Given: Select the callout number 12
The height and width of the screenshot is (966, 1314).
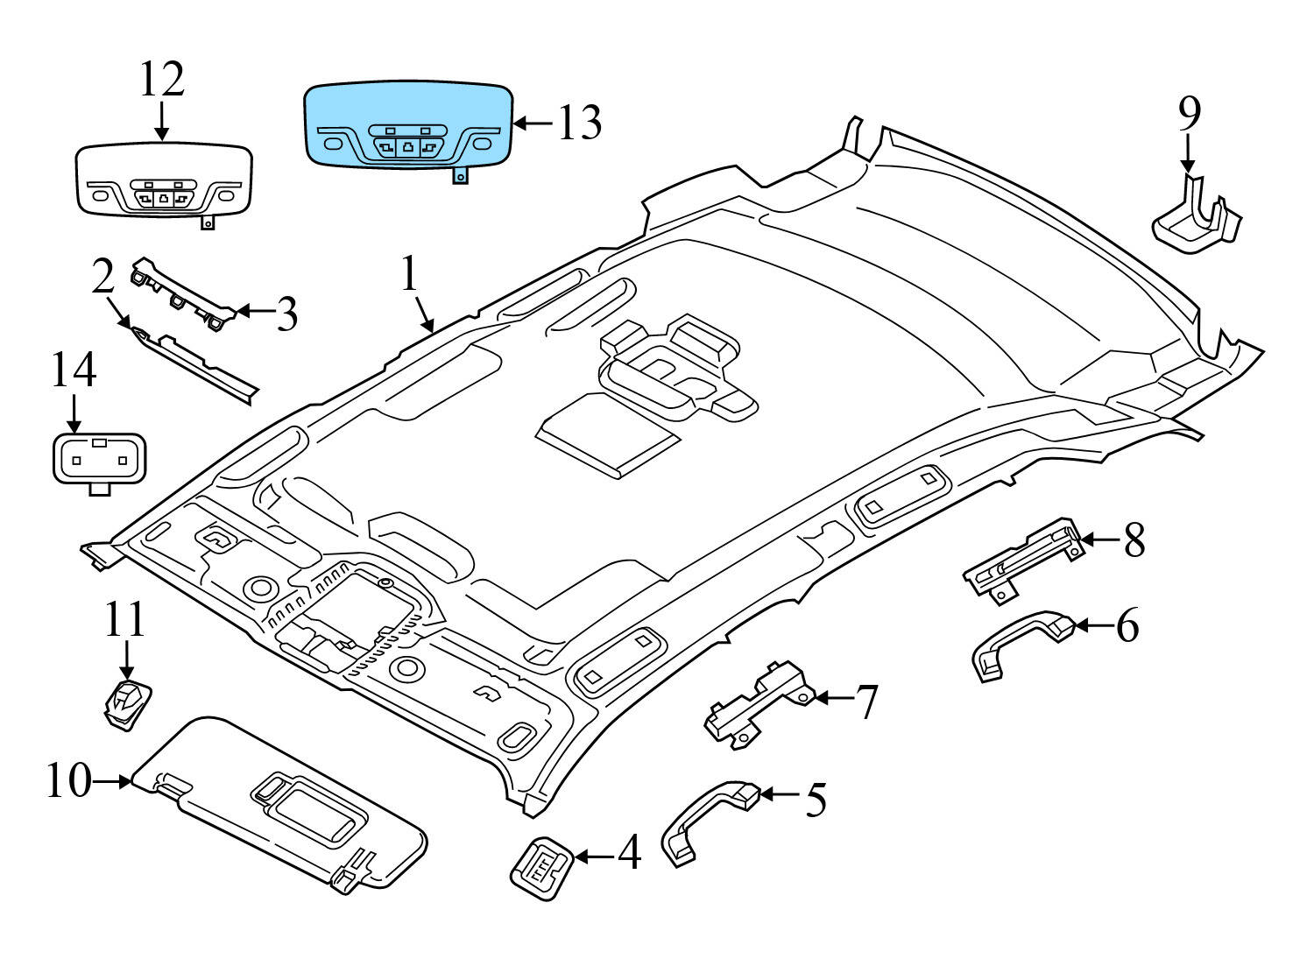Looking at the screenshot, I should [162, 81].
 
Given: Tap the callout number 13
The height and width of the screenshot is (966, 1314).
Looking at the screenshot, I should [580, 123].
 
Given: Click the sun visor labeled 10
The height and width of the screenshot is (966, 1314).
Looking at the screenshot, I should [280, 806].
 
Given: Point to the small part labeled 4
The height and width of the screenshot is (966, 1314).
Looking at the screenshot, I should [541, 867].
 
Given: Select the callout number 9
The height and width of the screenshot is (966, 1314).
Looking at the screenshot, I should [1189, 114].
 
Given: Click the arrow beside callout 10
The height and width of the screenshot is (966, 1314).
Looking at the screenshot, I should [112, 780].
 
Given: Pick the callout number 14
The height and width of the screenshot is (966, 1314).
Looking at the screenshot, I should [73, 370].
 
